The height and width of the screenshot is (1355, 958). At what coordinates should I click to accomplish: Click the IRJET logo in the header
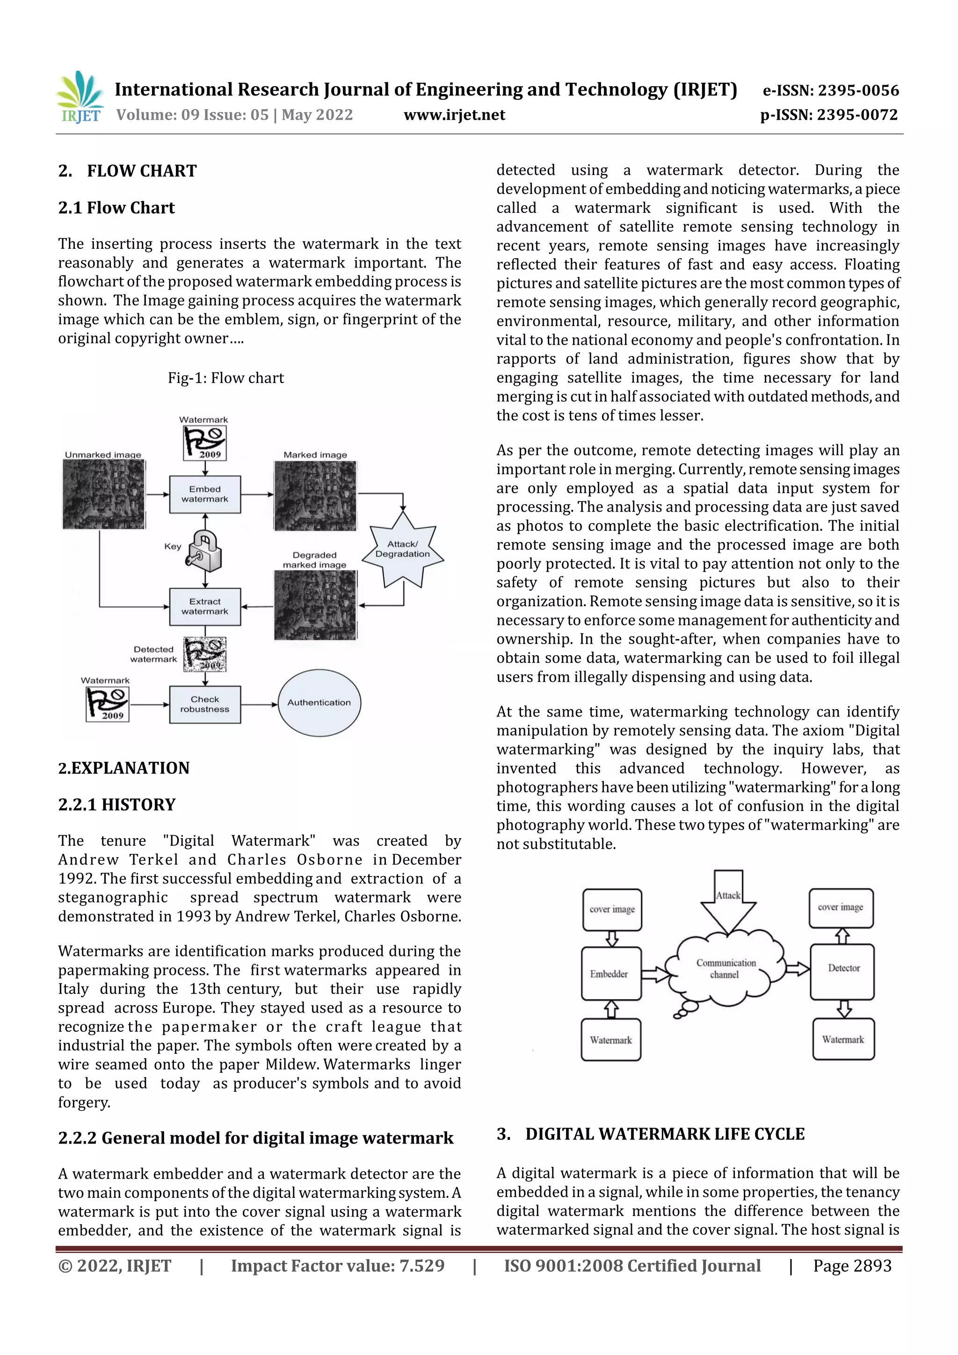pos(80,97)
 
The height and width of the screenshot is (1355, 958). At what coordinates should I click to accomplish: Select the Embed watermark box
pos(205,494)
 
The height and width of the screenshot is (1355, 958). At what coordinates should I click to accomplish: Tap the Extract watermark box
pos(205,606)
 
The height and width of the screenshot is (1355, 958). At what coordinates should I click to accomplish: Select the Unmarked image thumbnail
pos(104,494)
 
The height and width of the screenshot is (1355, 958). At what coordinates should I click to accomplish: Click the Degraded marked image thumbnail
pos(315,606)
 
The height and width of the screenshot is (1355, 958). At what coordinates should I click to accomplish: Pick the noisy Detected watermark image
pos(204,654)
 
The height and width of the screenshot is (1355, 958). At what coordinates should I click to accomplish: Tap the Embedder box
pos(611,974)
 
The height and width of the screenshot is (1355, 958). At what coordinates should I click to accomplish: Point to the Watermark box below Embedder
pos(611,1040)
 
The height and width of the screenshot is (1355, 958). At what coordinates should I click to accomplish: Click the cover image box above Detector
pos(841,908)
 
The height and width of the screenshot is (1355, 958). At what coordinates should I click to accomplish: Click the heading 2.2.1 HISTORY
pos(117,804)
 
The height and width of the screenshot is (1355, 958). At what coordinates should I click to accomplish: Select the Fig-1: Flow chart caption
pos(225,378)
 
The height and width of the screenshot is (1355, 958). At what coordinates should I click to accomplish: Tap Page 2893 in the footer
pos(852,1265)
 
